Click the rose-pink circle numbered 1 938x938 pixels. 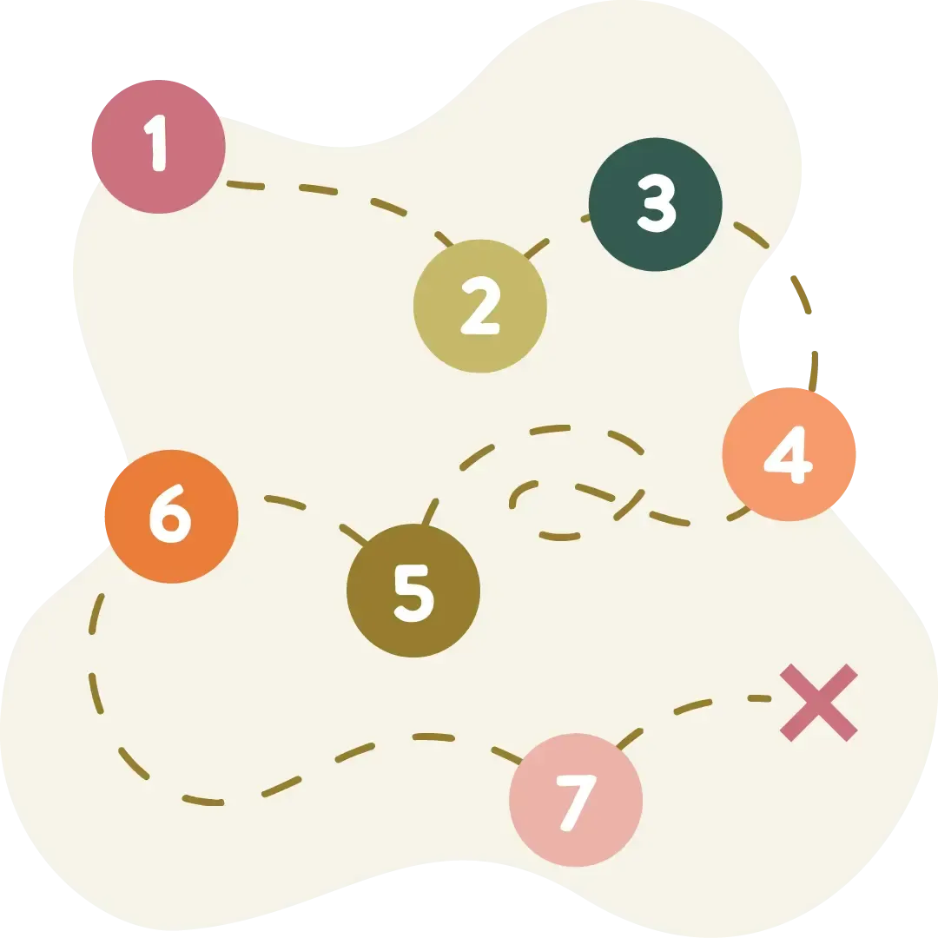159,147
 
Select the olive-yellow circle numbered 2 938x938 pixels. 480,307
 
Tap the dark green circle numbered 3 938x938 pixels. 656,205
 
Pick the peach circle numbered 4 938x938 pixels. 789,454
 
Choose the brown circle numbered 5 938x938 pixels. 413,591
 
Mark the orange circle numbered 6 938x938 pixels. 172,516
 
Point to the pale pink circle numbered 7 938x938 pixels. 576,800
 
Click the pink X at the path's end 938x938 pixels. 819,703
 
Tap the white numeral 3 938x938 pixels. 657,202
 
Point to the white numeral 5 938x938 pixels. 414,593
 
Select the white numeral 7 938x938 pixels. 577,803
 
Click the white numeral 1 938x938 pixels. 155,143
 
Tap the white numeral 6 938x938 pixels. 170,513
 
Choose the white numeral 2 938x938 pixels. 480,305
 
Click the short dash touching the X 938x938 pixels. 759,698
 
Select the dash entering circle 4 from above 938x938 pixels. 814,371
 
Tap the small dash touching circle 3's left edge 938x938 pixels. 585,218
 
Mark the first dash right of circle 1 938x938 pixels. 245,186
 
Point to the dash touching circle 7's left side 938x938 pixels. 506,755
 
